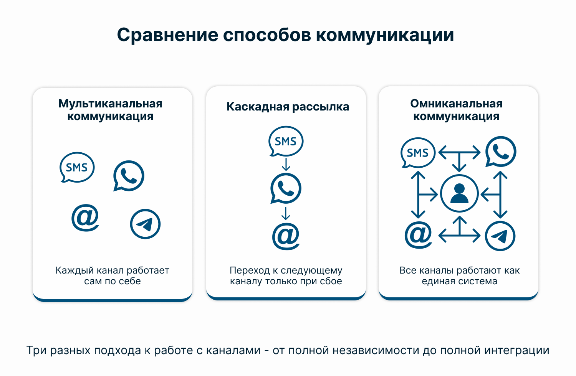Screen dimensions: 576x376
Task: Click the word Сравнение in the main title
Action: coord(168,35)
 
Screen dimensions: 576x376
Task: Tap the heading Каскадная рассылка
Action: coord(288,107)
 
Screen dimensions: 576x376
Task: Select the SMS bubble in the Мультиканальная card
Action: coord(77,167)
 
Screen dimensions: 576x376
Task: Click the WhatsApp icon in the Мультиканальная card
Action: coord(129,176)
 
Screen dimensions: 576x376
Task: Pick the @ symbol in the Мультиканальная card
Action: coord(85,218)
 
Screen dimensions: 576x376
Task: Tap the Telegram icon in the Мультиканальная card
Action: coord(145,224)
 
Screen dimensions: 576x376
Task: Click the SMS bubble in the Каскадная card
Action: coord(286,141)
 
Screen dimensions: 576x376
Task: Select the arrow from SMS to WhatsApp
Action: coord(286,165)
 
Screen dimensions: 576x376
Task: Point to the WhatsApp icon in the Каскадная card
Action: coord(286,188)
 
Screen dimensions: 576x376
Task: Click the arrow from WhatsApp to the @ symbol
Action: coord(286,213)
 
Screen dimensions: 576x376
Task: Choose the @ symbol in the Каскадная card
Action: coord(286,236)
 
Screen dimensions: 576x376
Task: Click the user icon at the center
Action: coord(459,193)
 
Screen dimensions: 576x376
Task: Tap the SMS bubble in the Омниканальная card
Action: coord(418,153)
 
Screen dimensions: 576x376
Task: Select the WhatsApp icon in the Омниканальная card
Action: coord(501,152)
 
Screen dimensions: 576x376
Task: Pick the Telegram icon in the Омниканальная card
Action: coord(500,236)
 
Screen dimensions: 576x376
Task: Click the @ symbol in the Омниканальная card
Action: coord(418,235)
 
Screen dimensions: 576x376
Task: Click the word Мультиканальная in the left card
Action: coord(110,104)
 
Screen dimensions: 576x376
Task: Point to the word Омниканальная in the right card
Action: coord(456,104)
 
